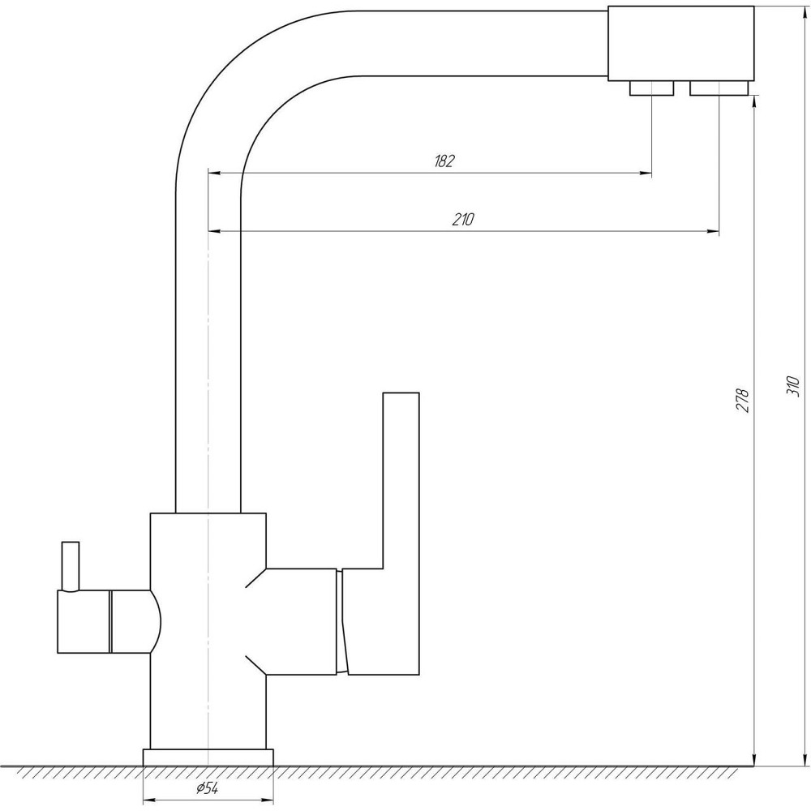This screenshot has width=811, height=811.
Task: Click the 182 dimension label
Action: [444, 161]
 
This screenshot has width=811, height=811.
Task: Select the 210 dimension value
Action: [463, 219]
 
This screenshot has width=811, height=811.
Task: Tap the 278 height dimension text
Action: [743, 400]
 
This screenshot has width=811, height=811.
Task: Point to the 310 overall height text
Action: [793, 386]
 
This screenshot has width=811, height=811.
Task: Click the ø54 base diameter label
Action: [207, 788]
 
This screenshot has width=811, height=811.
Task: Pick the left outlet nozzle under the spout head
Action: [652, 88]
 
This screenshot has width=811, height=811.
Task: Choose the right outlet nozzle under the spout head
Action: [719, 88]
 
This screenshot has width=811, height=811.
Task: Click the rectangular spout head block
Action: [680, 44]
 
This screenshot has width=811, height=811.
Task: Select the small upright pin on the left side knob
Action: [71, 566]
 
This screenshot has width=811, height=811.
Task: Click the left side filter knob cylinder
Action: [84, 622]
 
